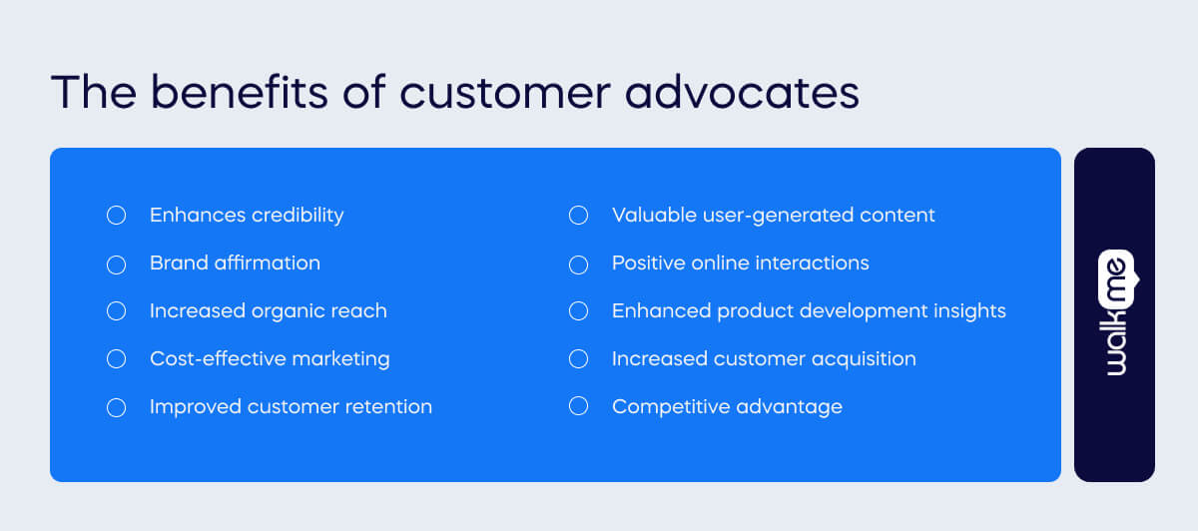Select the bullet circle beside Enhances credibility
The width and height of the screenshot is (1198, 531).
pyautogui.click(x=116, y=216)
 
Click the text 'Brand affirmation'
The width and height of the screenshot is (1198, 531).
pyautogui.click(x=235, y=264)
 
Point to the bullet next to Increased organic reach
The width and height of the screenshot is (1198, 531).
pyautogui.click(x=116, y=311)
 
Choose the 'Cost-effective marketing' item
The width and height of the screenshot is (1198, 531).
pyautogui.click(x=270, y=359)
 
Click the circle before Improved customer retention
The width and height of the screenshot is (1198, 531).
pyautogui.click(x=116, y=407)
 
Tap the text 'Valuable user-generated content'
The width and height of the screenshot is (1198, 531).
pyautogui.click(x=773, y=216)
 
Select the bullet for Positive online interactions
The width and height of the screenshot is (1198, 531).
pyautogui.click(x=578, y=265)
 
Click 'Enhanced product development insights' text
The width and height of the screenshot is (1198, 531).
pyautogui.click(x=809, y=311)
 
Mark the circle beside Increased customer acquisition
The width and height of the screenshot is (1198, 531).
pyautogui.click(x=578, y=359)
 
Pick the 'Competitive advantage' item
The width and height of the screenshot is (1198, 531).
pyautogui.click(x=727, y=407)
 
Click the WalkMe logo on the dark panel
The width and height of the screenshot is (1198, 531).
pyautogui.click(x=1114, y=313)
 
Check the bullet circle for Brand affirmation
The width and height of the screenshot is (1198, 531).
pyautogui.click(x=116, y=265)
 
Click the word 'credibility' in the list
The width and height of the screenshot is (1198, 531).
pyautogui.click(x=297, y=216)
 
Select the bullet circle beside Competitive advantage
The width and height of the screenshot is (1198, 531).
pyautogui.click(x=578, y=407)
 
